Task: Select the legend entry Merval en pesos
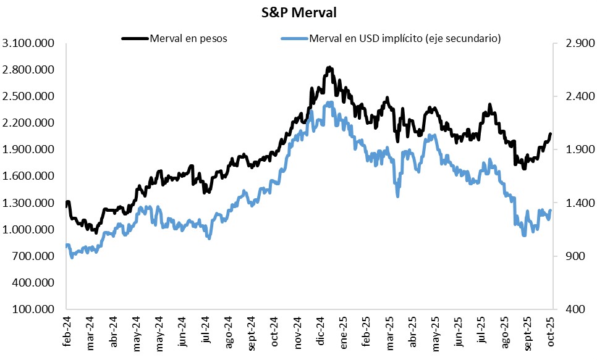click(188, 38)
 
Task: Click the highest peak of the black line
click(329, 67)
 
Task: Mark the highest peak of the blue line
click(331, 103)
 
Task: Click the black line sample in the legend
click(135, 38)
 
